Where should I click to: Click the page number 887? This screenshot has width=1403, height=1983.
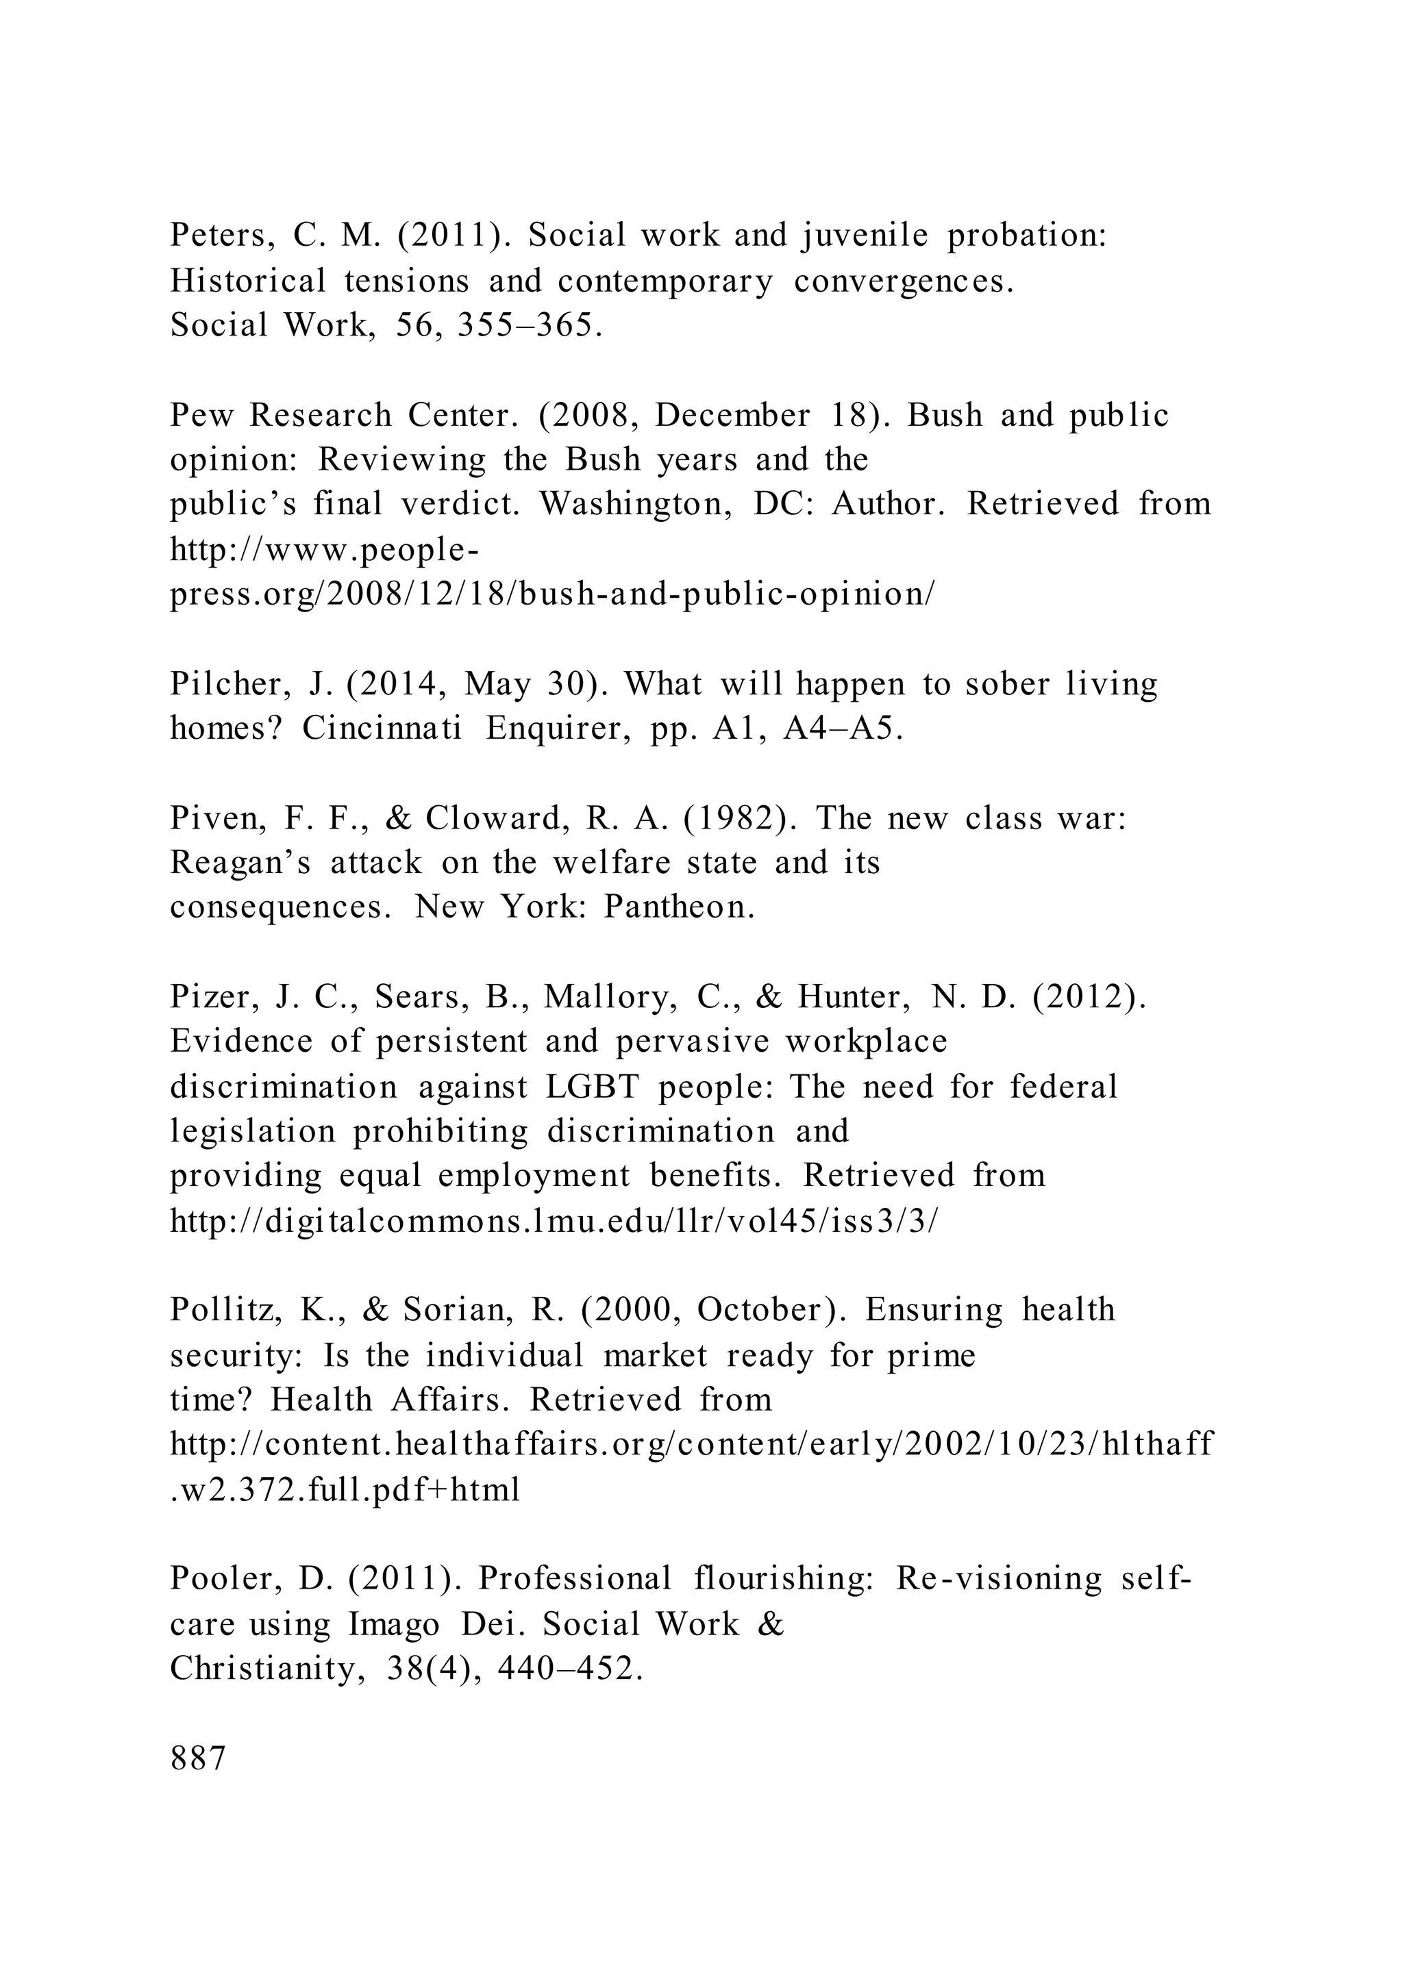pos(198,1758)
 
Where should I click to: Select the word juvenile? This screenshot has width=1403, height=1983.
pos(864,236)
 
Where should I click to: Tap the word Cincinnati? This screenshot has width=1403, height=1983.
pos(383,729)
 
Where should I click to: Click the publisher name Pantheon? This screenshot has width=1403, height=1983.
pos(679,907)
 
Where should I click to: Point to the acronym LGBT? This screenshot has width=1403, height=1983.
pos(592,1087)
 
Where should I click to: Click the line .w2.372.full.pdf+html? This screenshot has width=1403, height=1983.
pos(345,1490)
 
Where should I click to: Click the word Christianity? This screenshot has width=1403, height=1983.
pos(262,1669)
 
